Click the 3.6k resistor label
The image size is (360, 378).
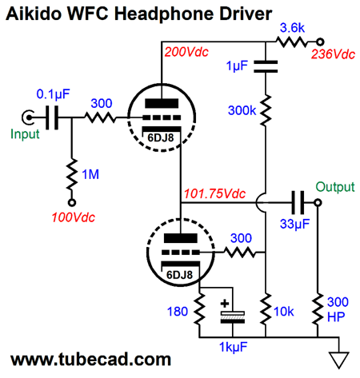[292, 28]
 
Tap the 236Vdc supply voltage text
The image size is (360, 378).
[333, 54]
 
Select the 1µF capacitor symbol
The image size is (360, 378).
[266, 66]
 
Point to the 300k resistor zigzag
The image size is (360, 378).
[266, 110]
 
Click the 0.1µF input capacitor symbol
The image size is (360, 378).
[52, 117]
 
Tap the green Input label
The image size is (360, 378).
[25, 134]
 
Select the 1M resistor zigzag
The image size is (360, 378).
[71, 174]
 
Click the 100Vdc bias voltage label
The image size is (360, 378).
[74, 217]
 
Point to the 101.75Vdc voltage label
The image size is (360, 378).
[214, 193]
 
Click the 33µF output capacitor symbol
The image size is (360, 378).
[298, 202]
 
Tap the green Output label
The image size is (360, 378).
[335, 187]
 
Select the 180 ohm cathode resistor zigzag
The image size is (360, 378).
[199, 309]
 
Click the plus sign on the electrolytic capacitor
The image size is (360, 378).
[225, 304]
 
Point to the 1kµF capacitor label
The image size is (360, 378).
[233, 348]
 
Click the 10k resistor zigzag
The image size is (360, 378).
[266, 309]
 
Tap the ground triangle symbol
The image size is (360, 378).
[339, 360]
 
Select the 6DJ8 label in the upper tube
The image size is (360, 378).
[161, 137]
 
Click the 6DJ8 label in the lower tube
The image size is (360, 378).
[179, 275]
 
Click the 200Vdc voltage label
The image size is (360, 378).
[186, 52]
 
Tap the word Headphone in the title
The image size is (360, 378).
[165, 14]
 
